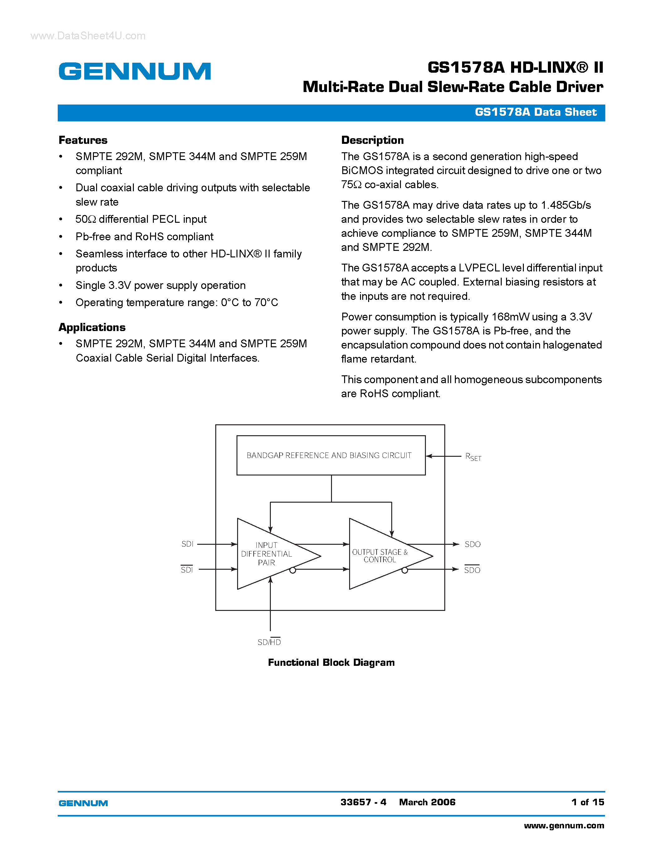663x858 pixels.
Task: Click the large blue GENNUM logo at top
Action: [135, 71]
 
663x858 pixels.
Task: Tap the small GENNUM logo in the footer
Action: [83, 803]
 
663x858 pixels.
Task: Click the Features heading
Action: [83, 140]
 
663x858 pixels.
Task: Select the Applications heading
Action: [92, 327]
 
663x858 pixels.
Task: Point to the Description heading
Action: [372, 140]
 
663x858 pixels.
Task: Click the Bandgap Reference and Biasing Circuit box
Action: [331, 455]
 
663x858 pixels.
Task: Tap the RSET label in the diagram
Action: [473, 457]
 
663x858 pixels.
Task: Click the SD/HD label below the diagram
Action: [269, 642]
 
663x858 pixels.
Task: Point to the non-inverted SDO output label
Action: [472, 544]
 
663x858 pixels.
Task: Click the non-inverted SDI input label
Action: [187, 544]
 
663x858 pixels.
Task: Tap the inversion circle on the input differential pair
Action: [293, 570]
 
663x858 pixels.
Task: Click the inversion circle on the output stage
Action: [405, 570]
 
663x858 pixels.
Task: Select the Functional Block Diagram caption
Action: [331, 663]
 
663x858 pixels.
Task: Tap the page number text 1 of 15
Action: [587, 802]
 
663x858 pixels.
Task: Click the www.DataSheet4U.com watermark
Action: [88, 36]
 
